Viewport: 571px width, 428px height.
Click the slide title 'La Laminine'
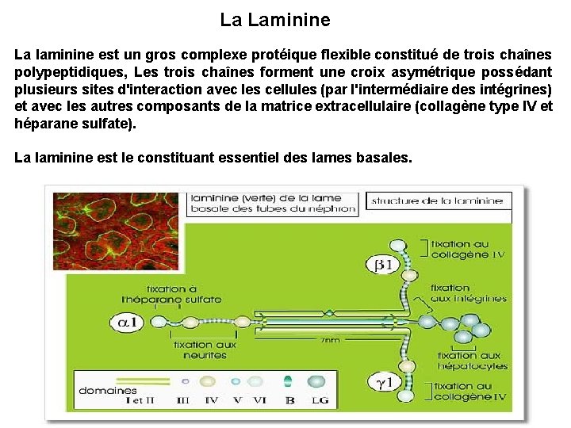[x=275, y=19]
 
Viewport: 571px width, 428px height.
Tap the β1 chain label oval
[x=385, y=265]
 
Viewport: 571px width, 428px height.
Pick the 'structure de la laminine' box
[x=437, y=201]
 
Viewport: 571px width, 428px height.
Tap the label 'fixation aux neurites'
[x=205, y=350]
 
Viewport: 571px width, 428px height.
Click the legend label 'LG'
[x=319, y=400]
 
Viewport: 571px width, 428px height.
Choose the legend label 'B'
[x=289, y=400]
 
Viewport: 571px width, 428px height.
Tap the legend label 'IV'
[x=211, y=400]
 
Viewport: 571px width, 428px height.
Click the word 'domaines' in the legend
[x=108, y=390]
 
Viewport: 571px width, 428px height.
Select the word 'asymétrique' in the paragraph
[x=427, y=71]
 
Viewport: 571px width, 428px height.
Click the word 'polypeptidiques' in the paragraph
[x=67, y=71]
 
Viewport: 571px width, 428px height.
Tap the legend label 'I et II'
[x=140, y=400]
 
